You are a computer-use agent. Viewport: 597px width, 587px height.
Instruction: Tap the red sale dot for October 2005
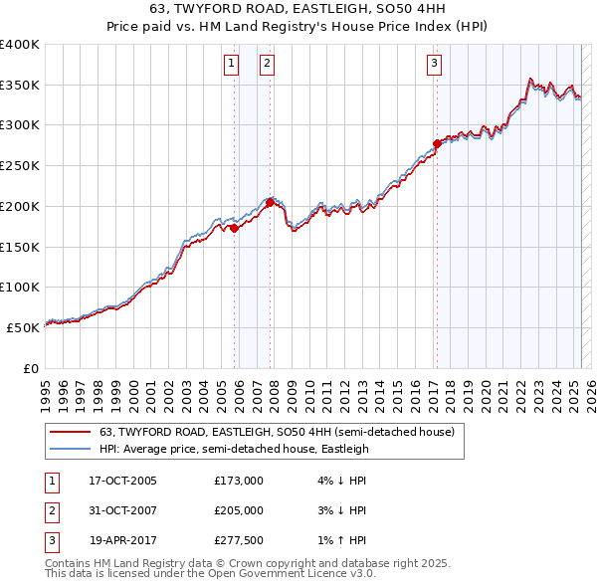(x=234, y=228)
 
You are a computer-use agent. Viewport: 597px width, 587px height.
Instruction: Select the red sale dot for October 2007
(x=270, y=202)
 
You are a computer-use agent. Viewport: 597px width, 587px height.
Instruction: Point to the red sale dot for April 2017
(x=437, y=143)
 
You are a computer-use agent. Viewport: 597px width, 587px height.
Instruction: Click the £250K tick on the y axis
(x=20, y=166)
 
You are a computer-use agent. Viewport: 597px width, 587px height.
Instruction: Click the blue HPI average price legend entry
(x=234, y=449)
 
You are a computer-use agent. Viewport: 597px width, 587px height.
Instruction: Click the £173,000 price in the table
(x=239, y=481)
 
